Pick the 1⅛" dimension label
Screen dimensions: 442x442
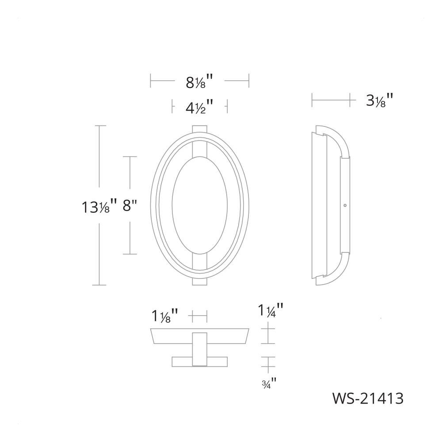pyautogui.click(x=165, y=316)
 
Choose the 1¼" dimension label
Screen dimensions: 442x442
pyautogui.click(x=271, y=310)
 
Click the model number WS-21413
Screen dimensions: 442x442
pyautogui.click(x=368, y=399)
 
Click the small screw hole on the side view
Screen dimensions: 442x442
pyautogui.click(x=345, y=206)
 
